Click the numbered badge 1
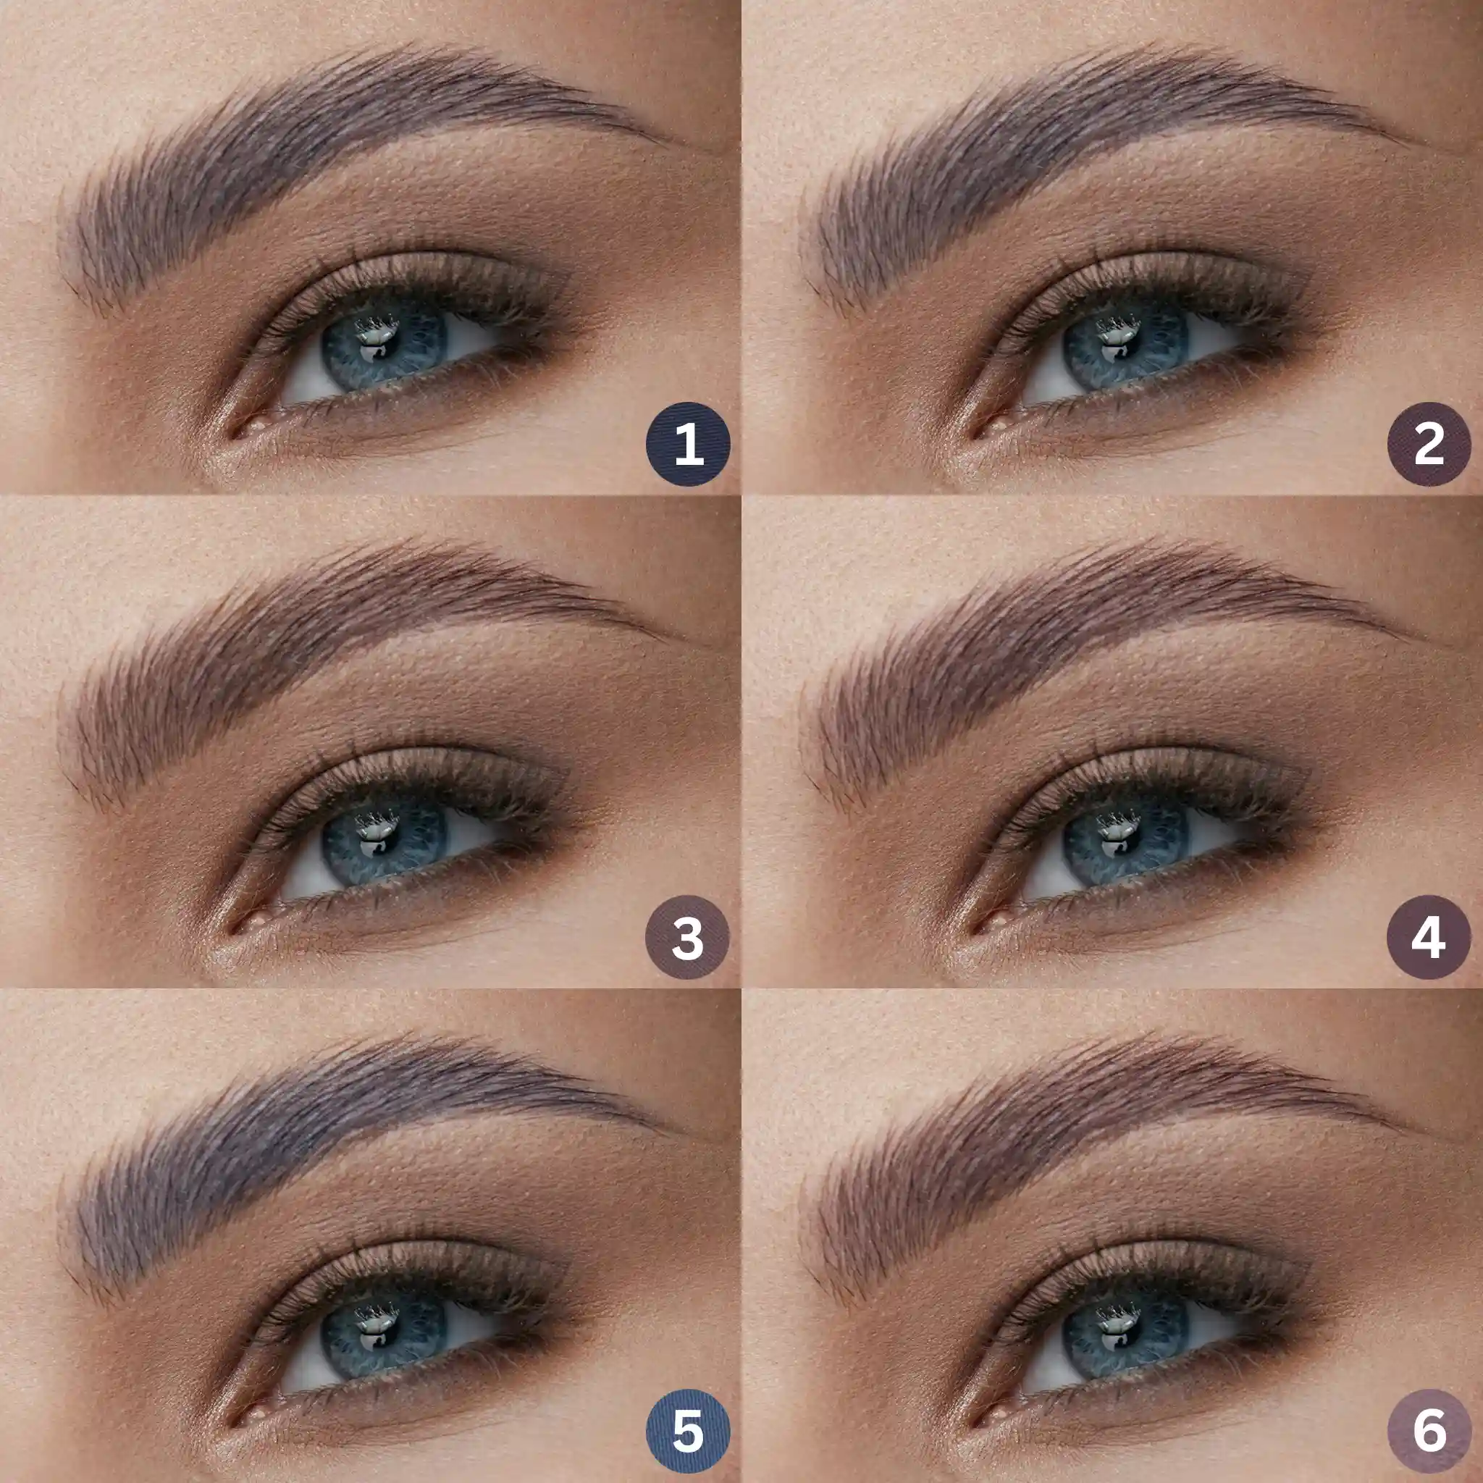(x=688, y=444)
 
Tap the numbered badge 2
(x=1429, y=444)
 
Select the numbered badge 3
(x=687, y=937)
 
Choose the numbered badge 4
(x=1429, y=937)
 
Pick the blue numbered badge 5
(x=687, y=1432)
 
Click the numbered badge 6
(x=1429, y=1432)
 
